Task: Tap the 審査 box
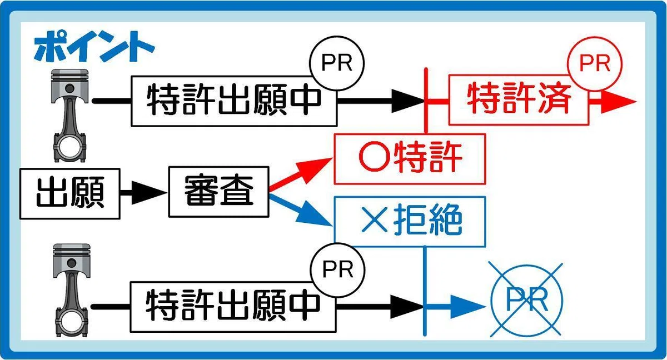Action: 219,192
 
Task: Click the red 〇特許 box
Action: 410,158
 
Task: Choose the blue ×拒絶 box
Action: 410,222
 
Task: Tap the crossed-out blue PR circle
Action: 526,299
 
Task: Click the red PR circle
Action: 594,63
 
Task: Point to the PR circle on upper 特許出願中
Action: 338,63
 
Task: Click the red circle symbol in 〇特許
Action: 369,158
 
